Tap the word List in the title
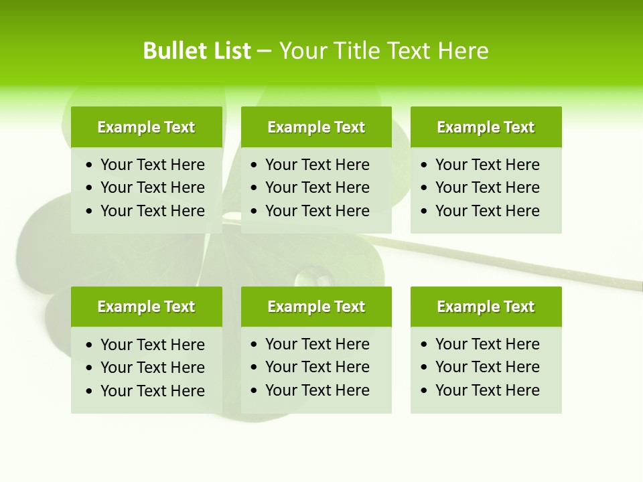click(230, 51)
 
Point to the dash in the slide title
click(265, 52)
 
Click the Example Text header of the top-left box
click(146, 127)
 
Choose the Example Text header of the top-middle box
click(316, 127)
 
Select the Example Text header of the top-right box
click(486, 127)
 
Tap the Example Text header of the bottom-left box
click(146, 307)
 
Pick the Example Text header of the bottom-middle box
click(316, 307)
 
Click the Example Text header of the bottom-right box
click(486, 307)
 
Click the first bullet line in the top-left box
click(152, 165)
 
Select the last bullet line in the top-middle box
click(317, 211)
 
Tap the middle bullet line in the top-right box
click(487, 187)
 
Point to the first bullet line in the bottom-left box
click(152, 345)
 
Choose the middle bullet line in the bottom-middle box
click(317, 367)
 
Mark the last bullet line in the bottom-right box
click(487, 390)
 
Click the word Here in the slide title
click(463, 51)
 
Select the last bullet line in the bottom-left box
click(152, 391)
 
